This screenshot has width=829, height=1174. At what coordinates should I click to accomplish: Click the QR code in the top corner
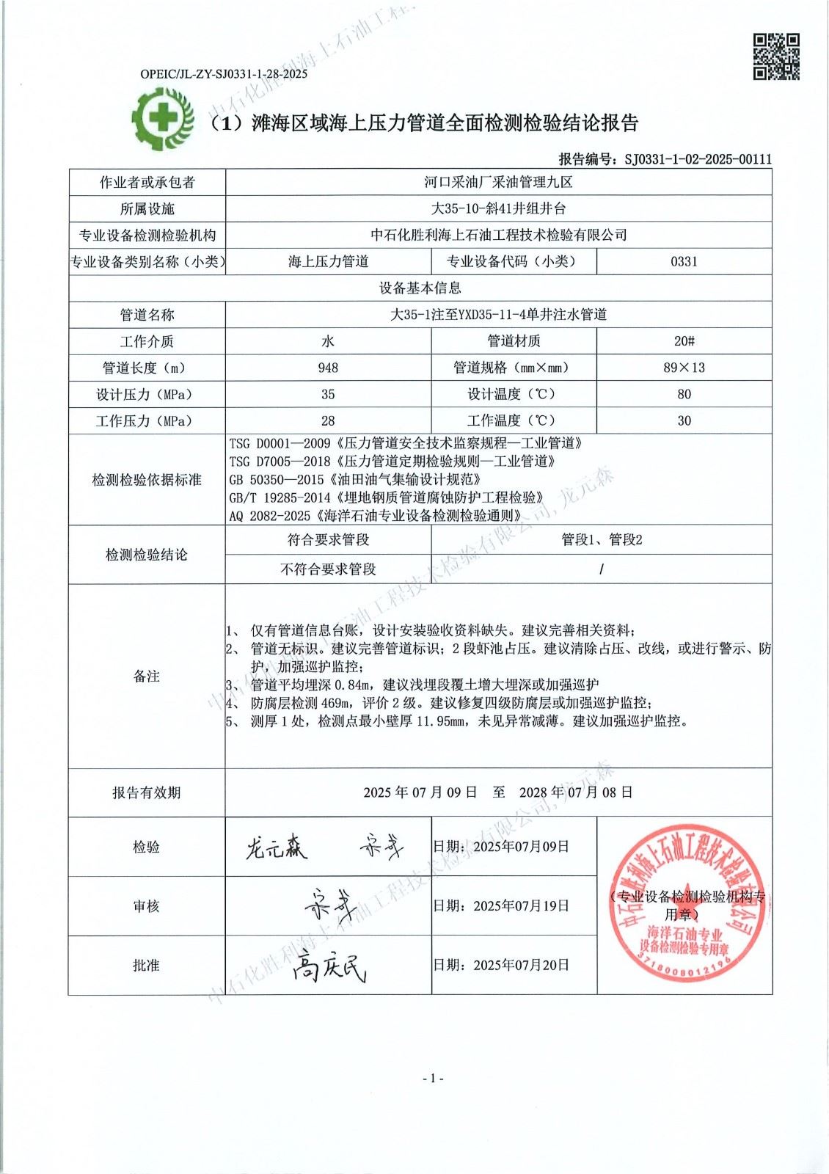776,56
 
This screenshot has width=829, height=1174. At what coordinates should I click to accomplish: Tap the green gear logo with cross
162,118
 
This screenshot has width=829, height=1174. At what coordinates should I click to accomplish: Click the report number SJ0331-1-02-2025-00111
698,159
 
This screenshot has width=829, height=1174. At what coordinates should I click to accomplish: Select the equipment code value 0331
684,261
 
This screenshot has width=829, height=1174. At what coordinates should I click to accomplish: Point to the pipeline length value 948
328,368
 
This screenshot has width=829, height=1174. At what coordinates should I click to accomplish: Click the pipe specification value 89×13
684,368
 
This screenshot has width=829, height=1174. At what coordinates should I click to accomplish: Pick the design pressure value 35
328,394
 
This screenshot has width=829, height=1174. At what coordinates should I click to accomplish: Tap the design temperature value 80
684,394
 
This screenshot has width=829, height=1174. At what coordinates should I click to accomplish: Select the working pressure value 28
328,420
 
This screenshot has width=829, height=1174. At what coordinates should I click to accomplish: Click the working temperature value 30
684,420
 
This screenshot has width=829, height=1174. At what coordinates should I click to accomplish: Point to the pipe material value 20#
684,341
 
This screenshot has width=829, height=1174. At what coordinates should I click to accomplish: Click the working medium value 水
328,341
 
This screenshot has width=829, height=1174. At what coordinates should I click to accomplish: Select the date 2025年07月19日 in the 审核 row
521,905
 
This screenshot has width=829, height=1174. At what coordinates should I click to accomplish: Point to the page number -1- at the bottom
433,1078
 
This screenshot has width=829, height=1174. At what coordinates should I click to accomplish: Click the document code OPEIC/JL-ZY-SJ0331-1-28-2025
224,73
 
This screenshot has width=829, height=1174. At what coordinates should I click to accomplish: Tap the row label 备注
147,677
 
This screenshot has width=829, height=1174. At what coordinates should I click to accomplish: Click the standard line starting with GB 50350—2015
355,479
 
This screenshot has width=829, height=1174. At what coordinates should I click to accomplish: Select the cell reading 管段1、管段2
602,540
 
